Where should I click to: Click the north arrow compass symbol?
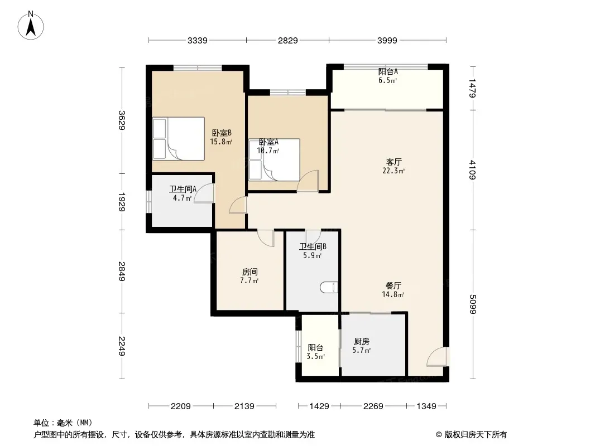[31, 26]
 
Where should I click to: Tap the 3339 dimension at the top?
[198, 40]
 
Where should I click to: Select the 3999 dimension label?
[387, 40]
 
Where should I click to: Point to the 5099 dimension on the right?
[472, 304]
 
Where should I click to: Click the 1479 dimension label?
[472, 88]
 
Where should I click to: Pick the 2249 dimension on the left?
[122, 346]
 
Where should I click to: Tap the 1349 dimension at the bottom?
[426, 406]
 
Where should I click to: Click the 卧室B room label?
[222, 133]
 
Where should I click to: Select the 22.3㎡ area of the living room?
[394, 171]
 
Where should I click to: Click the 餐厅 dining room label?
[393, 285]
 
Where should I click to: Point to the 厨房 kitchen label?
[361, 341]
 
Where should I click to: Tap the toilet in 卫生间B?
[329, 288]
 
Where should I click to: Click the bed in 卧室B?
[179, 139]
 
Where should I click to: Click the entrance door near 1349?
[437, 357]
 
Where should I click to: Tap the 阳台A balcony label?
[388, 71]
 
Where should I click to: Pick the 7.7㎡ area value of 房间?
[249, 281]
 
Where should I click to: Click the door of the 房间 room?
[265, 238]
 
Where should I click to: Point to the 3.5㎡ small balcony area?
[316, 357]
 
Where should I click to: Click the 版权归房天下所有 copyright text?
[471, 435]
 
